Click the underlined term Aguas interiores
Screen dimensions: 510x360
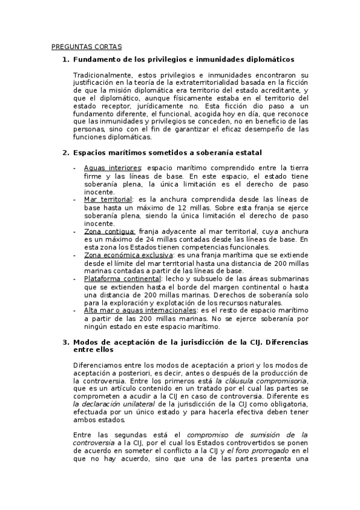click(112, 168)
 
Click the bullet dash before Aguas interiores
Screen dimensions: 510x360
click(75, 168)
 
